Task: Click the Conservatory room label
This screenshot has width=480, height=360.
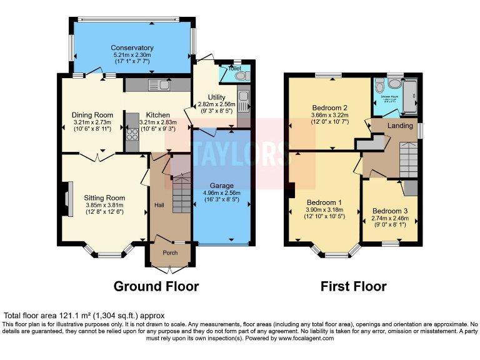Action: click(132, 47)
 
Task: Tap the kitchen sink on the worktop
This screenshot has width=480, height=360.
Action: click(157, 84)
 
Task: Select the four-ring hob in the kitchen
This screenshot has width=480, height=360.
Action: click(132, 134)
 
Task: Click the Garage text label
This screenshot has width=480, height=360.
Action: click(222, 186)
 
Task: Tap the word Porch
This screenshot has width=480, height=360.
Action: click(170, 252)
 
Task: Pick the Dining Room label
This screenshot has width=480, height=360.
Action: click(92, 115)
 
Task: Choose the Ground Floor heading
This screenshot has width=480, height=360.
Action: click(156, 286)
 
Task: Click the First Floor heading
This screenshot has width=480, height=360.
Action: click(353, 286)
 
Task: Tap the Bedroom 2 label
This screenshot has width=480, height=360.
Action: click(329, 107)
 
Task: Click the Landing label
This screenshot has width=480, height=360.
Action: click(400, 125)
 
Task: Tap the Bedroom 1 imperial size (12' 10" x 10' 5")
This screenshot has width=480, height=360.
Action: click(323, 217)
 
